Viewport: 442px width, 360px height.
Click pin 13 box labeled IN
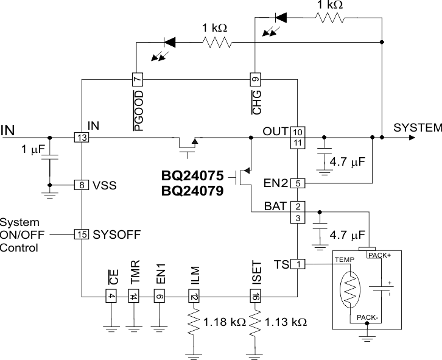[x=81, y=138]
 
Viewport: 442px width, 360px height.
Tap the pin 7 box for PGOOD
[x=137, y=79]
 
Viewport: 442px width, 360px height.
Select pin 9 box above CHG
[x=255, y=79]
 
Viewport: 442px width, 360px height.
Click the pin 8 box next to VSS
[x=81, y=185]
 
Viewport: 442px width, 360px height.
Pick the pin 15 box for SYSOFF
[x=81, y=234]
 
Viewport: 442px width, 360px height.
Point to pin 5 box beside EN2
[x=298, y=182]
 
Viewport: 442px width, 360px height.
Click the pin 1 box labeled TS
[x=298, y=264]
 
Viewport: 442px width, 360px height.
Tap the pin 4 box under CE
[x=111, y=297]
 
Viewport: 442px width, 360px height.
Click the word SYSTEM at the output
[x=417, y=128]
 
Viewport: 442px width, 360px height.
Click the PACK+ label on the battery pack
[x=379, y=255]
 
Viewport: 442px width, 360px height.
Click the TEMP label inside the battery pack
[x=345, y=259]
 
